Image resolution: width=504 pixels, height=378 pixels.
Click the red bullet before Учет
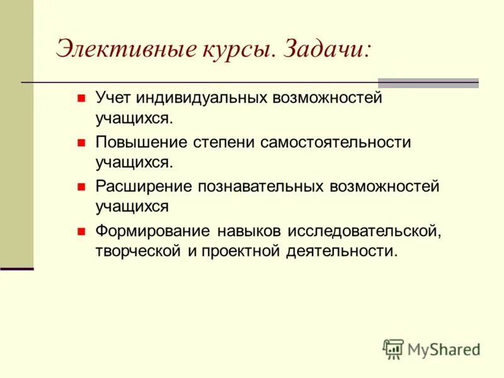click(81, 99)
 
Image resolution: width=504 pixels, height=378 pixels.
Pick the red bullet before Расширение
click(81, 188)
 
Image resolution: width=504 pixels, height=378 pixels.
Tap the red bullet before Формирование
click(81, 232)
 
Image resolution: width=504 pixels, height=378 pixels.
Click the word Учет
click(115, 98)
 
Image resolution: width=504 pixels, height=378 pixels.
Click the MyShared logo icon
click(393, 348)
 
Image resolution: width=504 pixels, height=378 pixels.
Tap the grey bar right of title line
click(428, 83)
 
